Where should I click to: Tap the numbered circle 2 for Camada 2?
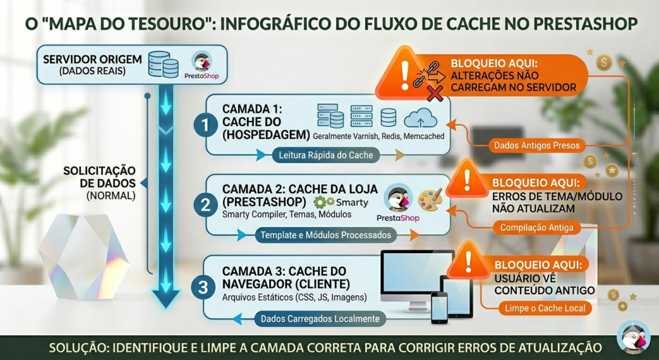tap(205, 205)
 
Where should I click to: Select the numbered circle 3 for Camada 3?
tap(203, 288)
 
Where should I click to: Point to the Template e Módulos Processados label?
tap(326, 236)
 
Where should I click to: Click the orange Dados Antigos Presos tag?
tap(537, 146)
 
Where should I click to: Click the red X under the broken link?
tap(434, 93)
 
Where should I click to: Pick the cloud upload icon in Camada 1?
tap(420, 117)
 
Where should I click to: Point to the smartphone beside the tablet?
tap(440, 307)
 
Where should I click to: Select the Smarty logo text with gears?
tap(341, 202)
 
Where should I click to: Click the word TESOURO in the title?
tap(169, 24)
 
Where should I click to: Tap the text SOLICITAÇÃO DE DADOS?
tap(99, 177)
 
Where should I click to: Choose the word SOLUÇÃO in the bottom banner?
tap(75, 348)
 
